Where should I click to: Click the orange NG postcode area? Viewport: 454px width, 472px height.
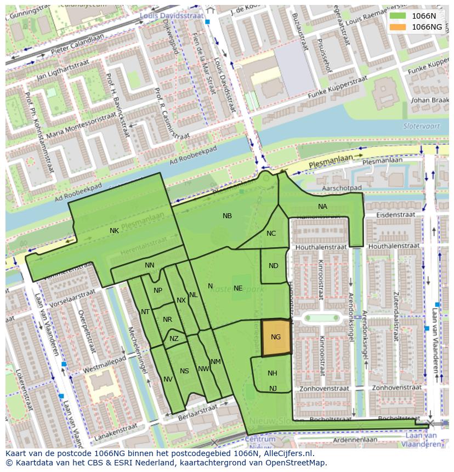pyautogui.click(x=275, y=338)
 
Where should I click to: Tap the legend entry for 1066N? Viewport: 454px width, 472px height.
pyautogui.click(x=423, y=16)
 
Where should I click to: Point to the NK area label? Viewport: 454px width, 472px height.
pyautogui.click(x=114, y=231)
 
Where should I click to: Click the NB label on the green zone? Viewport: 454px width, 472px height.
pyautogui.click(x=227, y=216)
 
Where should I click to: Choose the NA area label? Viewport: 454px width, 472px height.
pyautogui.click(x=322, y=207)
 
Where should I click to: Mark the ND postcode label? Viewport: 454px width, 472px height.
pyautogui.click(x=274, y=266)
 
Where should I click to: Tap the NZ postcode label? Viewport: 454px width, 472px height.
pyautogui.click(x=174, y=339)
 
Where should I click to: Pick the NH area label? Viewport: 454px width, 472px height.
pyautogui.click(x=272, y=373)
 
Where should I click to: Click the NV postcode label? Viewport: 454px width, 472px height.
pyautogui.click(x=168, y=379)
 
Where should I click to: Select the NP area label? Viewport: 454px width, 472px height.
pyautogui.click(x=158, y=291)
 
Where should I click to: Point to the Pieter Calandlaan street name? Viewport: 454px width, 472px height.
pyautogui.click(x=78, y=43)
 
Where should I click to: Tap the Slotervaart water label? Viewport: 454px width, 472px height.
pyautogui.click(x=418, y=126)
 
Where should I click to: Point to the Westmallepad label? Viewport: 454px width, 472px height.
pyautogui.click(x=104, y=364)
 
